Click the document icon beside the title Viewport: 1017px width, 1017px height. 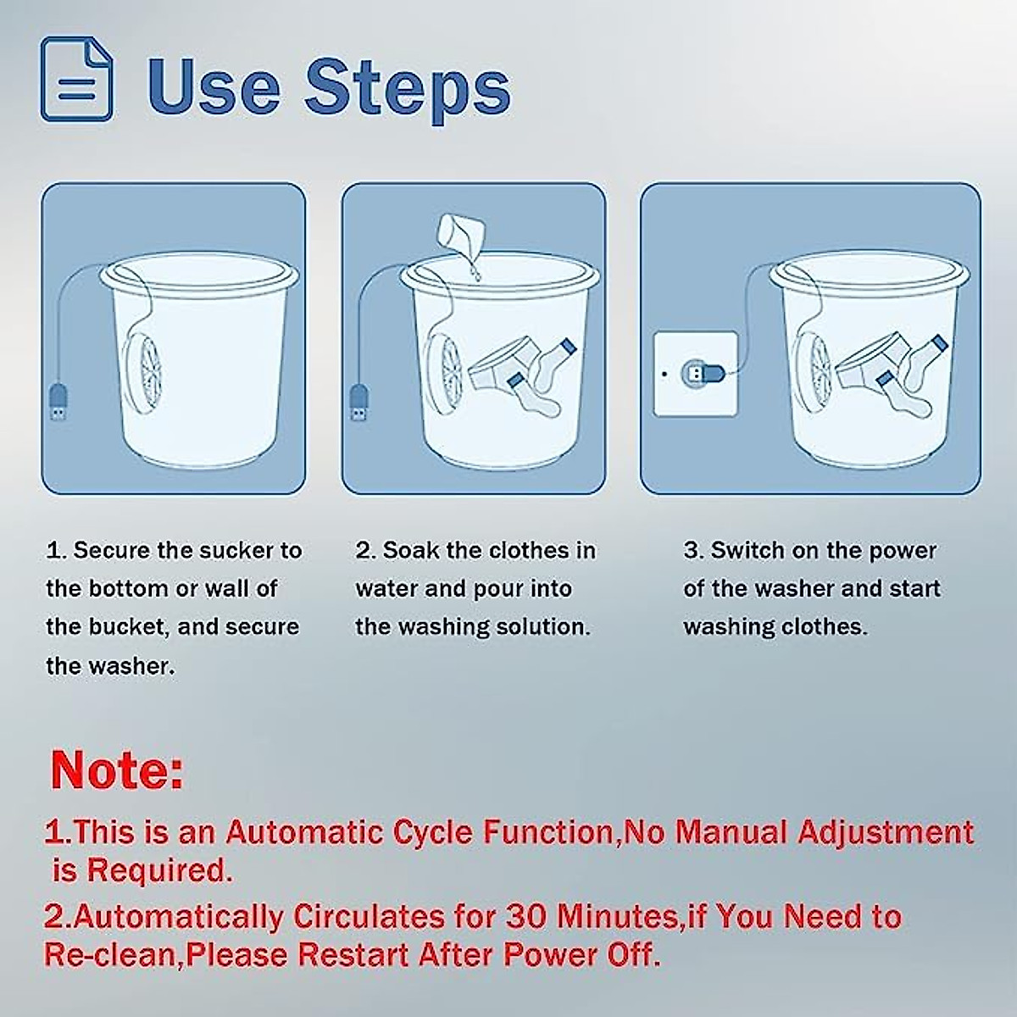pyautogui.click(x=76, y=79)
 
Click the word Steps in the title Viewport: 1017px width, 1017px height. pyautogui.click(x=408, y=87)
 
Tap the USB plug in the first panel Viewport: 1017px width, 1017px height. pyautogui.click(x=58, y=403)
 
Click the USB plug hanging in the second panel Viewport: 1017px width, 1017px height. pyautogui.click(x=359, y=403)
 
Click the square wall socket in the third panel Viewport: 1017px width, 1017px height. pyautogui.click(x=695, y=374)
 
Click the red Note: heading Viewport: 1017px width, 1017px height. pyautogui.click(x=117, y=770)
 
